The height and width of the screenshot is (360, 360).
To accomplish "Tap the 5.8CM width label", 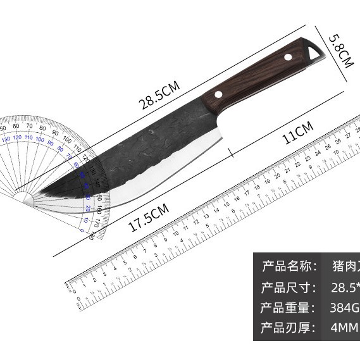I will (338, 53).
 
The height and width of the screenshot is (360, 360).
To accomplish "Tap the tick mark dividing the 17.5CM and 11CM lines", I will (230, 153).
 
